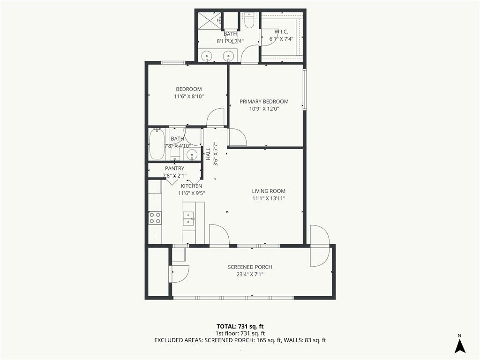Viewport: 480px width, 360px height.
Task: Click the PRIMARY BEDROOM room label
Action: [264, 102]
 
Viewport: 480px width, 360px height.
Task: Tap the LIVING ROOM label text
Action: [269, 191]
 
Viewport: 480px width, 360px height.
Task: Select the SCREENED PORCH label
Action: [250, 267]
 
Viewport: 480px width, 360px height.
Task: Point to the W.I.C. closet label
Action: [281, 32]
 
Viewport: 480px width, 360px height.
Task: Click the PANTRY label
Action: [174, 168]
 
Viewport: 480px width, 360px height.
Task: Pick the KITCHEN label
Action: [191, 186]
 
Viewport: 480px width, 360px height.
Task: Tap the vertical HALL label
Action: [208, 154]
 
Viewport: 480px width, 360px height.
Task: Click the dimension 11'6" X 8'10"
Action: [189, 97]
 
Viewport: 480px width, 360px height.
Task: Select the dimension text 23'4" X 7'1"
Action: [250, 275]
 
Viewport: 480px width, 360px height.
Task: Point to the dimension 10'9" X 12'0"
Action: [264, 109]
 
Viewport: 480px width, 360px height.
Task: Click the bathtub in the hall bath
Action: [157, 144]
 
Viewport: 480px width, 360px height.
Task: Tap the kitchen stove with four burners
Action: [155, 217]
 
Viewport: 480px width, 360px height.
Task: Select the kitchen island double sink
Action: [188, 218]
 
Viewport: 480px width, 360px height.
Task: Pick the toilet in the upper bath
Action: [248, 20]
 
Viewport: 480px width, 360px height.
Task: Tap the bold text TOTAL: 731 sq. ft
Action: [240, 326]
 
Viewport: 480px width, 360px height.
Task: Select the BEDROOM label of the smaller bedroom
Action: [189, 89]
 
